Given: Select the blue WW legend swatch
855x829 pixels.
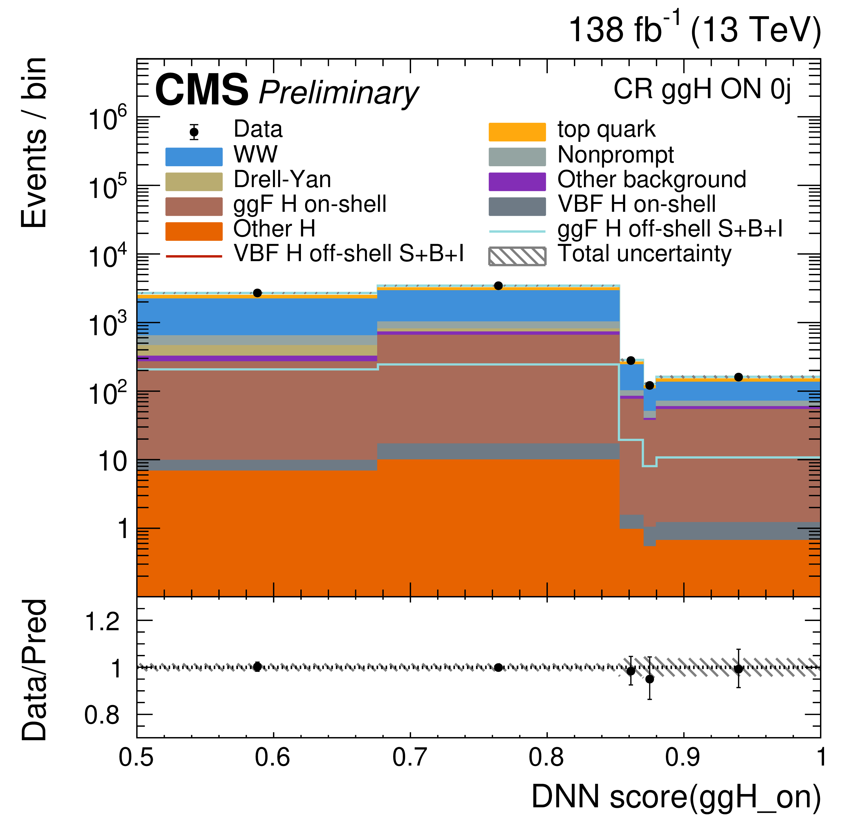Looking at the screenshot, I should point(194,157).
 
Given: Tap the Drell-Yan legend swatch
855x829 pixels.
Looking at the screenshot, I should point(194,182).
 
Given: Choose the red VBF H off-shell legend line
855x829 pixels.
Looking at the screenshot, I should point(194,256).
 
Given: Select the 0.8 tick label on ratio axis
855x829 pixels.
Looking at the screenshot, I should point(102,715).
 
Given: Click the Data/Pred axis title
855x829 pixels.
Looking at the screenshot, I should point(34,670).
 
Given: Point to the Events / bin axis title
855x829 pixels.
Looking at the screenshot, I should point(34,143).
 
